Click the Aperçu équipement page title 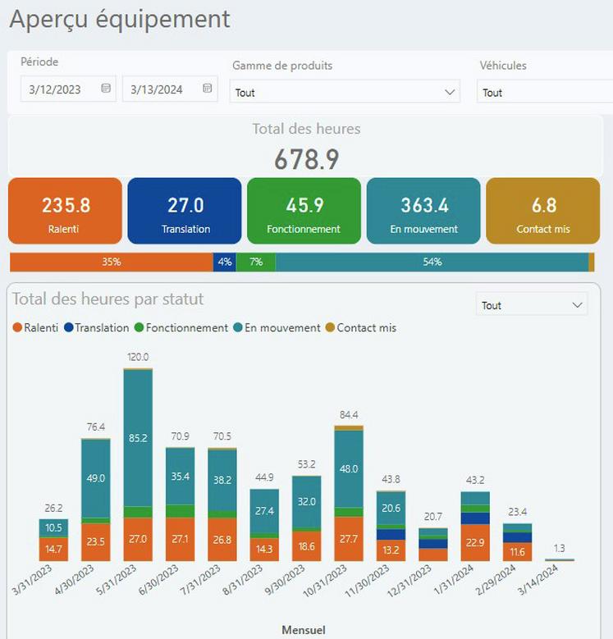[120, 19]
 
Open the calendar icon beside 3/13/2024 [208, 89]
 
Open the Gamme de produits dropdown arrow [449, 92]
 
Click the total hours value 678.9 [306, 159]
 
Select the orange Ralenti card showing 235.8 [66, 212]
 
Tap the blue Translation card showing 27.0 [185, 212]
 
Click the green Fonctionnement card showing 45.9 [304, 212]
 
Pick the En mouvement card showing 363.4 [423, 212]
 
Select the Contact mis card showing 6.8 [542, 212]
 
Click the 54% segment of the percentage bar [432, 262]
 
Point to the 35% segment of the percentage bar [112, 262]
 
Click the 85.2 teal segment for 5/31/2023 [138, 438]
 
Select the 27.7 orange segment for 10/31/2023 [350, 538]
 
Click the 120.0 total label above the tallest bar [138, 358]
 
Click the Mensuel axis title [304, 630]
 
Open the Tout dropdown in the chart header [532, 305]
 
